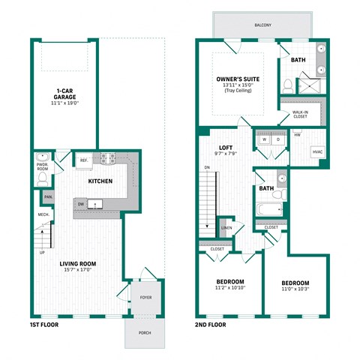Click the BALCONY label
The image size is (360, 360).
pos(262,25)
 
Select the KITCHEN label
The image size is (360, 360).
pos(100,181)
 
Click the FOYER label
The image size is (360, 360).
pos(145,298)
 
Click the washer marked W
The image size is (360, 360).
pos(264,139)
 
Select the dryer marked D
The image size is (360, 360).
pos(278,139)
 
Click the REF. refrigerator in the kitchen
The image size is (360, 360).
pos(84,160)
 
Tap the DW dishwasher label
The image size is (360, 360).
pos(80,203)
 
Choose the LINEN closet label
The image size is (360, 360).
pos(226,228)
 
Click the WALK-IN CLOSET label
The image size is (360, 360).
pos(301,115)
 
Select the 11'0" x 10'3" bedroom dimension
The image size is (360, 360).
pos(295,288)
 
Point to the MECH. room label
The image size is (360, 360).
pos(43,215)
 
